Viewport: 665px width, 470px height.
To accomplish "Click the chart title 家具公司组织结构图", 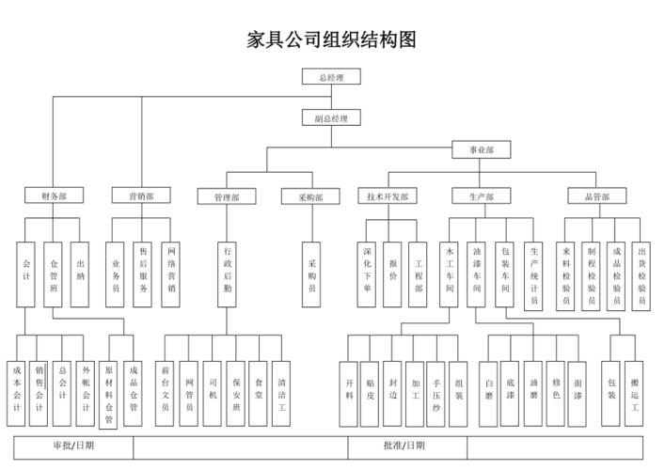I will coord(331,39).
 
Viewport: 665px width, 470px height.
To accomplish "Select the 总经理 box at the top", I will coord(331,77).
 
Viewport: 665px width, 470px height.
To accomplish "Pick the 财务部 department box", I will coord(54,196).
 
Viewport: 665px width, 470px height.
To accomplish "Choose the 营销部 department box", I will coord(141,196).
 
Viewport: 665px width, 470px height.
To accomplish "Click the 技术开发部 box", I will coord(388,196).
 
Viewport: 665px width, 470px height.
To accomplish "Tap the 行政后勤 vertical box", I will coord(227,271).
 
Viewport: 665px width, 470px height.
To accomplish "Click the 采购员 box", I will coord(311,271).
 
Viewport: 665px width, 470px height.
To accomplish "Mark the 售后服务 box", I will coord(143,271).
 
